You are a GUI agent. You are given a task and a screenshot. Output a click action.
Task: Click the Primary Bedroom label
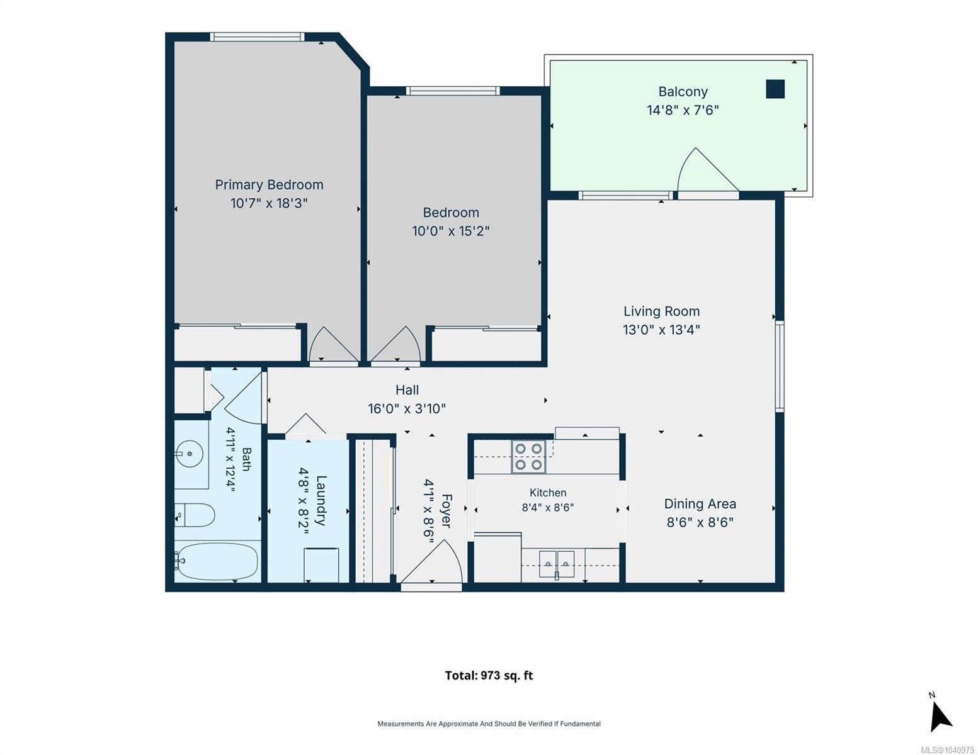[269, 185]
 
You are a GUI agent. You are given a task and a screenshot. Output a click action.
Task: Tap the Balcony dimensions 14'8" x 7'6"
[683, 110]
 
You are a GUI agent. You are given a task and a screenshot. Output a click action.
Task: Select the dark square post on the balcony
[775, 89]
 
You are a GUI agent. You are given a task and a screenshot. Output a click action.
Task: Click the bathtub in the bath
[217, 561]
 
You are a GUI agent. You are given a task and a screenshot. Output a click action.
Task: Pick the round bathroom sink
[190, 454]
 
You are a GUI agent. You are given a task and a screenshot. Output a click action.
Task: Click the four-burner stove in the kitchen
[528, 456]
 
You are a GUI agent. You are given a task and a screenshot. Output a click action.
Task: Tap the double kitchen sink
[557, 564]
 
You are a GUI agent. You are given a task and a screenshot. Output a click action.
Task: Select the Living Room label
[661, 311]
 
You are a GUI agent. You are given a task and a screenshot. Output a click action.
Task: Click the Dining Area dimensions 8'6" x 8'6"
[700, 522]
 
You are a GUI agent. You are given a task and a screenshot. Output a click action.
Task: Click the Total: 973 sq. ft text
[489, 675]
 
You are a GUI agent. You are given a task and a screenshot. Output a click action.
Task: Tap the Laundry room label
[320, 500]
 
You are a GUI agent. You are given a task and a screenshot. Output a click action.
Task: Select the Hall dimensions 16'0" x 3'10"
[407, 409]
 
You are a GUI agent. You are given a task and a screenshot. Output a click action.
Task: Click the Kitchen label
[548, 493]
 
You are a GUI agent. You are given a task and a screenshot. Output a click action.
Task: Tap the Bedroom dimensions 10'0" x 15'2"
[450, 231]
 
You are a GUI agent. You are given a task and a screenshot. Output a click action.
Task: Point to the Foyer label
[446, 511]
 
